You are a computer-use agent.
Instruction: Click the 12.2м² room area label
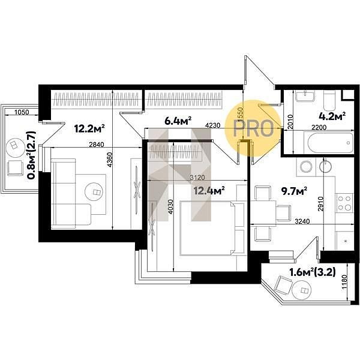[x=90, y=128]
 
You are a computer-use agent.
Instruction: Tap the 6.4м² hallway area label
[x=178, y=121]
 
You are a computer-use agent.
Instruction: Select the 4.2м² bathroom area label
[x=332, y=116]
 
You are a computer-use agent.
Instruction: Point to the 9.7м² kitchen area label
[x=295, y=191]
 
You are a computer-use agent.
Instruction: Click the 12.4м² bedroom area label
[x=209, y=190]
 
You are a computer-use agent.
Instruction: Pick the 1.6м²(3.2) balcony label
[x=313, y=272]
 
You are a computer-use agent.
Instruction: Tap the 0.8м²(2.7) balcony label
[x=32, y=155]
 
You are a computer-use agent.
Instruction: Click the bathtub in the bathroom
[x=329, y=143]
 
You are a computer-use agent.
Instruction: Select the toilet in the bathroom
[x=329, y=101]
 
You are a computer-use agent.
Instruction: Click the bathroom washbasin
[x=305, y=95]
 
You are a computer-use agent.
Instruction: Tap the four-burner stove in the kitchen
[x=344, y=203]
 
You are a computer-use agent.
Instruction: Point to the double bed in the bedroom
[x=207, y=228]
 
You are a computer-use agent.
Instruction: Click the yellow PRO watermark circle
[x=253, y=128]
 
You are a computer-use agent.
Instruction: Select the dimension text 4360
[x=110, y=160]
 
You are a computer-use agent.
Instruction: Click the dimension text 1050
[x=22, y=112]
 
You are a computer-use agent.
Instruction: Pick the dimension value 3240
[x=302, y=221]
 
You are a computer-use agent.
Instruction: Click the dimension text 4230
[x=212, y=125]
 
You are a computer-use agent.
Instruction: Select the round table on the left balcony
[x=15, y=146]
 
